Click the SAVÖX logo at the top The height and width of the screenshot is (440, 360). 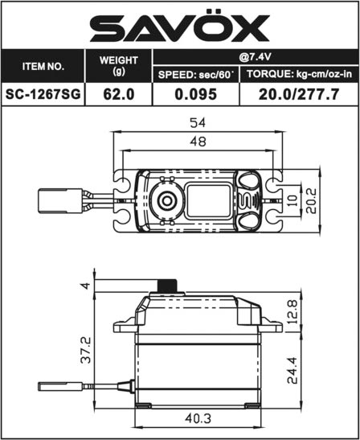[180, 26]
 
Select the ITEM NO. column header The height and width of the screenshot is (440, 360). [43, 67]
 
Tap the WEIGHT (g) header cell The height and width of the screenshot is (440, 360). [119, 66]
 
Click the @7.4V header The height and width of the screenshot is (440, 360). [256, 57]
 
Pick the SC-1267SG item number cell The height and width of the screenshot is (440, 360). [43, 94]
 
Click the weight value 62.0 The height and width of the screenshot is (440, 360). [119, 94]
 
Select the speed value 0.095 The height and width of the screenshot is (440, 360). [196, 94]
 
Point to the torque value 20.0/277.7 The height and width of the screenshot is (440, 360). [299, 94]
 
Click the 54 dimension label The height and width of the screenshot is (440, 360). [198, 122]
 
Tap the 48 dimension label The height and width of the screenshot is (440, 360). [198, 142]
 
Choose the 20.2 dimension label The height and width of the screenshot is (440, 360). [311, 201]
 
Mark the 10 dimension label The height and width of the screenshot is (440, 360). [292, 201]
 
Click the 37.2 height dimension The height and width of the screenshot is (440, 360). [86, 350]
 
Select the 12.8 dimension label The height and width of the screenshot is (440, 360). [292, 312]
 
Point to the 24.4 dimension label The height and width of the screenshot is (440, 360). [292, 370]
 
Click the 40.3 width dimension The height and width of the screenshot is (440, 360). [198, 418]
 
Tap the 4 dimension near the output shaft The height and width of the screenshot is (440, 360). [85, 286]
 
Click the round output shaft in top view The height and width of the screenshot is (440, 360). [167, 200]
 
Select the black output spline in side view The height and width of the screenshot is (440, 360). [167, 286]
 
